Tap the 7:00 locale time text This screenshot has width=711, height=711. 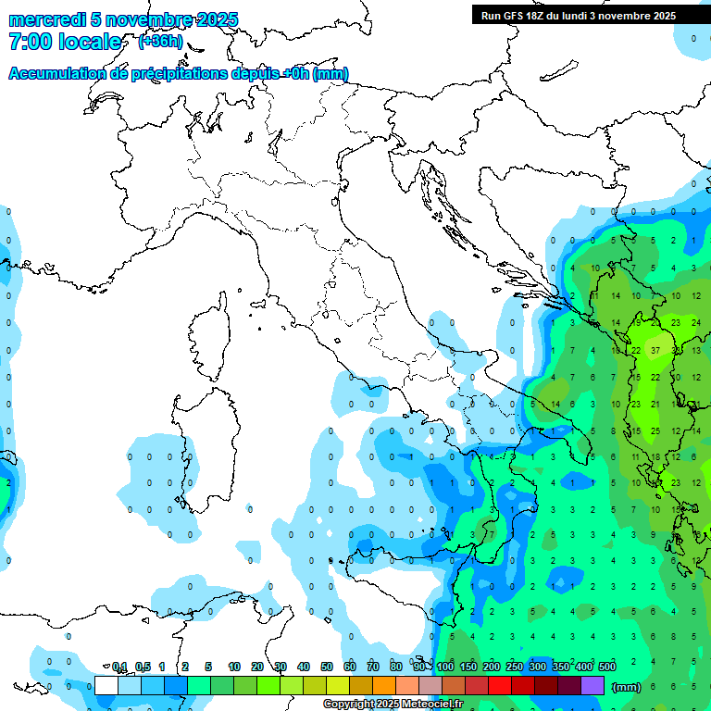point(65,42)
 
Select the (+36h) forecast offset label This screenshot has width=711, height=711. point(160,42)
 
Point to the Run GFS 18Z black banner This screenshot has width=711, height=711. point(578,16)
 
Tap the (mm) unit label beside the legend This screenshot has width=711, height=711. point(627,686)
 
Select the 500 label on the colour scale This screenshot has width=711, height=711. point(607,667)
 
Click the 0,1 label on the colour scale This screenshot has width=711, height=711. point(119,667)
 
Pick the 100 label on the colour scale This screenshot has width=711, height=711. point(445,667)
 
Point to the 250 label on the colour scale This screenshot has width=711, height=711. point(515,667)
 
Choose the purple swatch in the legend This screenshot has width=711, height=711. point(592,685)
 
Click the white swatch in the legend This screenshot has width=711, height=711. point(106,685)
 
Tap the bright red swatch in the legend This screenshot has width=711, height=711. point(500,685)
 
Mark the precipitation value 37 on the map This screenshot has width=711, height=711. point(655,351)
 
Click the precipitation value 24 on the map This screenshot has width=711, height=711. point(695,323)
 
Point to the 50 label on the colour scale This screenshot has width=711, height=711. point(327,667)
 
